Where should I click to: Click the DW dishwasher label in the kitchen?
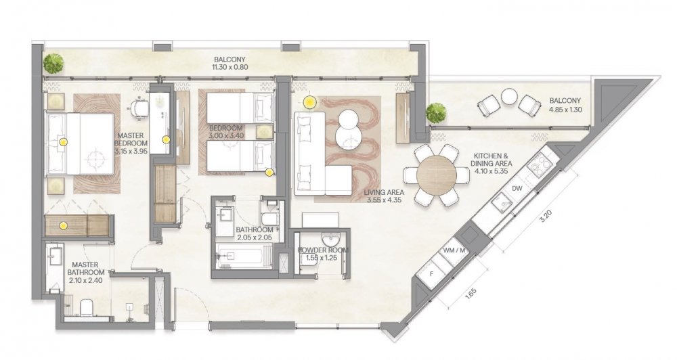pos(517,188)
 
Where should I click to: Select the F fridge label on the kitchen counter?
pos(431,273)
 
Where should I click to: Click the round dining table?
pos(437,175)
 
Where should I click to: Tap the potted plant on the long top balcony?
pos(53,64)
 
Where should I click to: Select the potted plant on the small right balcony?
pos(435,112)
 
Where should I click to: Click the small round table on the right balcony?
pos(510,97)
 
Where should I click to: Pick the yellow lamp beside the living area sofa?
pos(309,102)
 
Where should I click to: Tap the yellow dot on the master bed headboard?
pos(63,141)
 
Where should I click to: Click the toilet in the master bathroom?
pos(86,307)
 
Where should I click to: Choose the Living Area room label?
pos(384,192)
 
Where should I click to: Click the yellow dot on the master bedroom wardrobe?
pos(63,225)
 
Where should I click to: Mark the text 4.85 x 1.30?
pos(565,110)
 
